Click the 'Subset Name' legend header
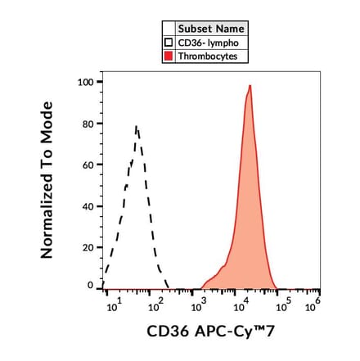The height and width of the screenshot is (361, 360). [211, 29]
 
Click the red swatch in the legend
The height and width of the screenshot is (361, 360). [169, 56]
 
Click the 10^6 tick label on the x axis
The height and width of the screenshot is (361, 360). [312, 307]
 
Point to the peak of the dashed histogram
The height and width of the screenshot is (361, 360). [137, 126]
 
